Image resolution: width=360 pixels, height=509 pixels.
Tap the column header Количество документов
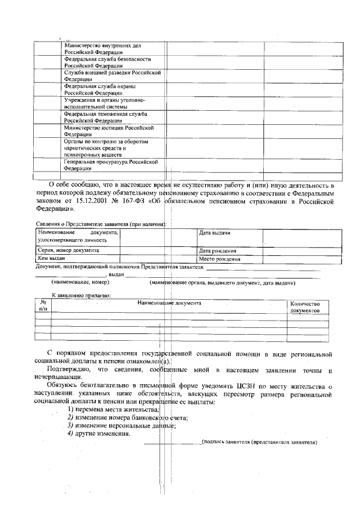click(305, 307)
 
